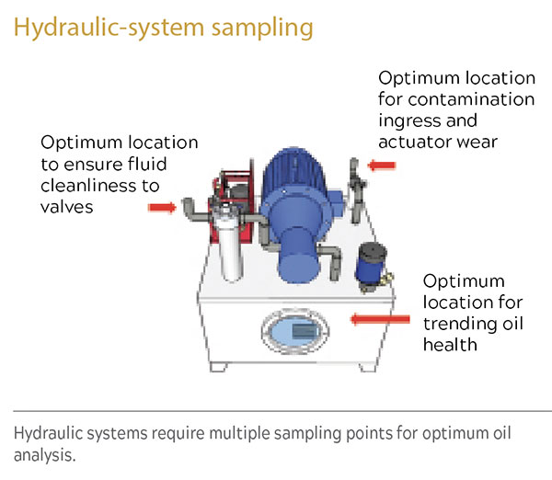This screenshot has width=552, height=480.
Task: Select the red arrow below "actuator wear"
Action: [383, 166]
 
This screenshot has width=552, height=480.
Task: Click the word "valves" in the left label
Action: [67, 208]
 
